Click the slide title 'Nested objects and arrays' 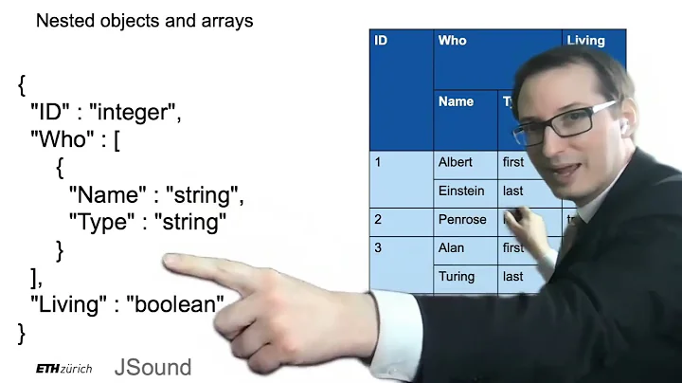[144, 20]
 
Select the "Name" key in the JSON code [106, 196]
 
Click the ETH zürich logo [63, 369]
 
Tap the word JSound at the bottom [153, 367]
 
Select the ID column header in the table [381, 41]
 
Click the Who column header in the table [453, 41]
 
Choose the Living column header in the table [585, 41]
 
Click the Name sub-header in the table [456, 101]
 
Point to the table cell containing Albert [455, 162]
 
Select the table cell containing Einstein [460, 191]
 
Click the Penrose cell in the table [461, 219]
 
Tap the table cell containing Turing [455, 276]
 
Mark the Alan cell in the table [451, 247]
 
